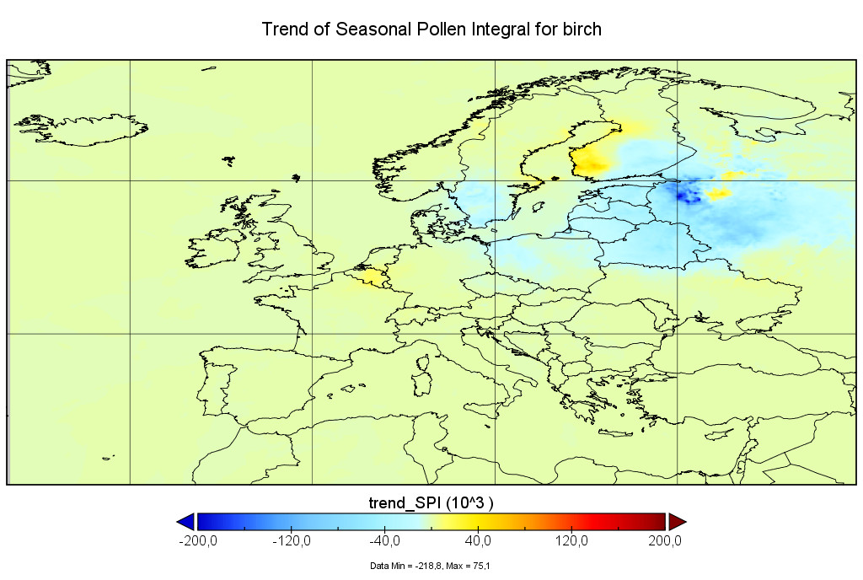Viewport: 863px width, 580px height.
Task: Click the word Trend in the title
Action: click(x=285, y=30)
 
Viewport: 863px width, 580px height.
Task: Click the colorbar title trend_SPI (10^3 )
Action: click(x=431, y=502)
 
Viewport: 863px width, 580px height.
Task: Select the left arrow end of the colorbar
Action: click(x=186, y=521)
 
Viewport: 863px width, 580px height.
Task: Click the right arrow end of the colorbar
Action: click(x=677, y=521)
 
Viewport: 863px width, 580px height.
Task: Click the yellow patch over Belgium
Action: click(x=367, y=277)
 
